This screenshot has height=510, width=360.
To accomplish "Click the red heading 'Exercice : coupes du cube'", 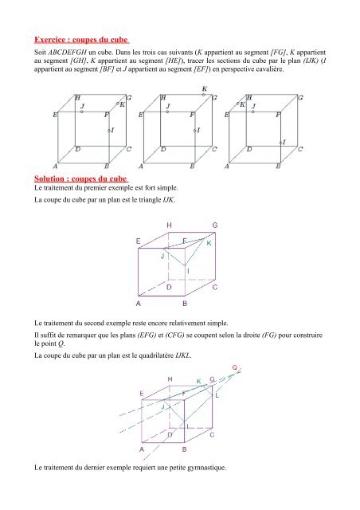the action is (x=81, y=40).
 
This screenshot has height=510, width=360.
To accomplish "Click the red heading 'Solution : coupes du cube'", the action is (x=81, y=178).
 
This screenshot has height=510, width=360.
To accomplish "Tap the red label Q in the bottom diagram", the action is (x=234, y=367).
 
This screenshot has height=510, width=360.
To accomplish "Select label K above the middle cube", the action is (x=205, y=88).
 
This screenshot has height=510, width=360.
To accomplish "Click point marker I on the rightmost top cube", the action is (x=280, y=143).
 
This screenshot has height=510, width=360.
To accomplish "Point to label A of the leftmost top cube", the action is (x=55, y=167).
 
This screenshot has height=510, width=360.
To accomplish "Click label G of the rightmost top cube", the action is (x=300, y=97).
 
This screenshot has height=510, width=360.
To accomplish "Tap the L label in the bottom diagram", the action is (x=217, y=395).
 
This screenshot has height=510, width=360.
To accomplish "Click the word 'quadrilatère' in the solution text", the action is (x=156, y=355).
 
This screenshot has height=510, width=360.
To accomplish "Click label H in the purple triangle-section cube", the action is (x=169, y=225).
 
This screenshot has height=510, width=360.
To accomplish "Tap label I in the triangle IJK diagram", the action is (x=188, y=271).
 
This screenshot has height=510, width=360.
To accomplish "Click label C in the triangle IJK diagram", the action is (x=214, y=288).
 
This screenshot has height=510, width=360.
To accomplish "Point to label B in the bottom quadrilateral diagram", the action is (x=185, y=449).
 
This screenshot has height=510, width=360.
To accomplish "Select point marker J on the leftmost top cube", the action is (x=81, y=112).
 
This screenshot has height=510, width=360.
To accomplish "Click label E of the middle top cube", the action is (x=140, y=115).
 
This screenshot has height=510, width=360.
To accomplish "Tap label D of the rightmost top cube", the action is (x=249, y=149).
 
